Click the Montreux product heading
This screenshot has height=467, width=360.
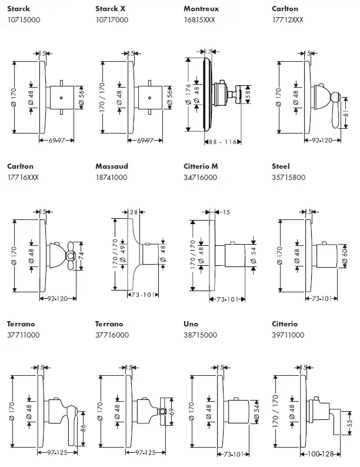[x=201, y=9]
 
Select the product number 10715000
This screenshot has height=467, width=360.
[x=23, y=19]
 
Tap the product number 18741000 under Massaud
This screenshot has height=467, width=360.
[x=111, y=177]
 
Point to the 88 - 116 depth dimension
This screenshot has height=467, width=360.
[x=222, y=142]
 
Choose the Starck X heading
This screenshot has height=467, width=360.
[x=110, y=9]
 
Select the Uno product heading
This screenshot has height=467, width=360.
[x=192, y=324]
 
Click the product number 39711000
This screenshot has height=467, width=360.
[x=288, y=335]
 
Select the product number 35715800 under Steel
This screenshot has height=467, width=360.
[x=288, y=177]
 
